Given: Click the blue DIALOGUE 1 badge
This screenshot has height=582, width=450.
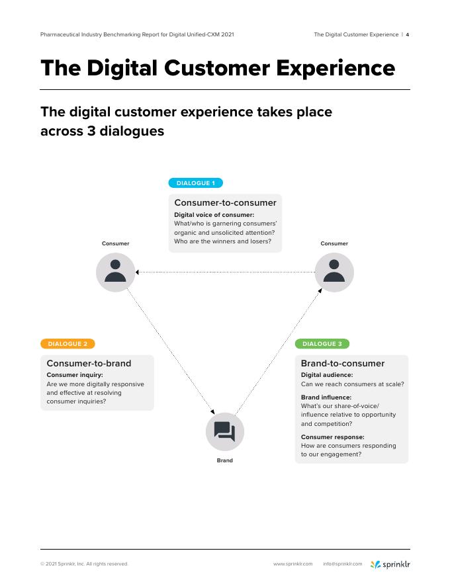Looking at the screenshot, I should [x=196, y=183].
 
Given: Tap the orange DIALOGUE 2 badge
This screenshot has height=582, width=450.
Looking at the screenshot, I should [x=67, y=344].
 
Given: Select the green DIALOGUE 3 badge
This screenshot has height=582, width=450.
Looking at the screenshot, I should [x=322, y=344].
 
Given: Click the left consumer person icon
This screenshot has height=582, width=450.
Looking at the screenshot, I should [x=116, y=272].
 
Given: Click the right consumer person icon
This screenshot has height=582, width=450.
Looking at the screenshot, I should [x=334, y=272].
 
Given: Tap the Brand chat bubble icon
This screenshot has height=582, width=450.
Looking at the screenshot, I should [x=225, y=432].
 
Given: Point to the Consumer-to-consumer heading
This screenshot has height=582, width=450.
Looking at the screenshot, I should [x=225, y=203].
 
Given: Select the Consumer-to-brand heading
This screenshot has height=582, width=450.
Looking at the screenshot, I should [x=89, y=363].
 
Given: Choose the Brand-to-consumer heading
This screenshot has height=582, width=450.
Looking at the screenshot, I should [x=343, y=363].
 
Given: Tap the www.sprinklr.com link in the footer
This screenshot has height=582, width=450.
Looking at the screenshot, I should [x=292, y=564].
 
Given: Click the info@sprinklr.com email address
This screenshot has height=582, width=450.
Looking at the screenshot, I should [x=343, y=564].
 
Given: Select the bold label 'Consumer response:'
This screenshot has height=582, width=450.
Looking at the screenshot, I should [x=333, y=437].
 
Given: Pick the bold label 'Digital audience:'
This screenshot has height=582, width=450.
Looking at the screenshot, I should [x=327, y=375].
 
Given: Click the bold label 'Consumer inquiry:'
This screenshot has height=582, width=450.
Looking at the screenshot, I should [x=75, y=375].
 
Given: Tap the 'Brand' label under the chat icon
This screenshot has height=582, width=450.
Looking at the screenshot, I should [x=225, y=460].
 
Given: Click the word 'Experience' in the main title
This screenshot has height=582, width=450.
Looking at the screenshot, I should [x=324, y=68].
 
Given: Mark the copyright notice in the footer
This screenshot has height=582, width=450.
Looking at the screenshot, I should [x=84, y=564].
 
